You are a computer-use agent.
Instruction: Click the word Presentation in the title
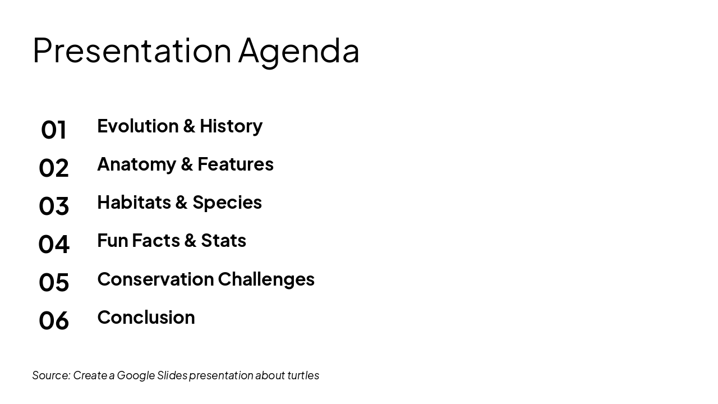pyautogui.click(x=132, y=50)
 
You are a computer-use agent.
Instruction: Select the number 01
pyautogui.click(x=54, y=130)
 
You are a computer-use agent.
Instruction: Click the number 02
pyautogui.click(x=54, y=168)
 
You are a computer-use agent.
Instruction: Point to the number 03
pyautogui.click(x=54, y=206)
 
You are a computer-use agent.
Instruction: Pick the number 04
pyautogui.click(x=54, y=244)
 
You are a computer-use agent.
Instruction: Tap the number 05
pyautogui.click(x=54, y=282)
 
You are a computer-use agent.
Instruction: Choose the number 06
pyautogui.click(x=54, y=320)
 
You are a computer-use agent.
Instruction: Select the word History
pyautogui.click(x=231, y=126)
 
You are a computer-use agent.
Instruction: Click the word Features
pyautogui.click(x=236, y=164)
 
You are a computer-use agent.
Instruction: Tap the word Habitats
pyautogui.click(x=132, y=202)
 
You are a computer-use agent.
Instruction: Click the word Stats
pyautogui.click(x=224, y=240)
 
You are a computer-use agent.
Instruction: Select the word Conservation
pyautogui.click(x=155, y=279)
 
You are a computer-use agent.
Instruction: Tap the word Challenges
pyautogui.click(x=266, y=279)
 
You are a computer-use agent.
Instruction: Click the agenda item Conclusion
pyautogui.click(x=146, y=317)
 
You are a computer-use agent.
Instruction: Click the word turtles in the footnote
pyautogui.click(x=303, y=375)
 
